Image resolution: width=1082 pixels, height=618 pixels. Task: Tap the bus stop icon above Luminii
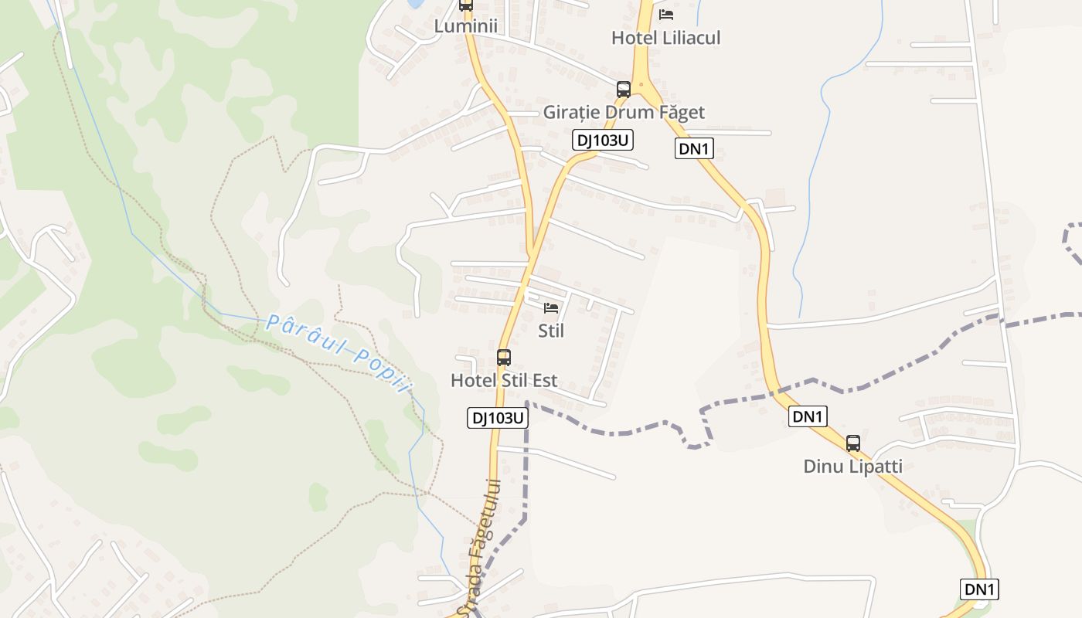(465, 4)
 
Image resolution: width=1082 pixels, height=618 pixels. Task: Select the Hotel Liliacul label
(665, 38)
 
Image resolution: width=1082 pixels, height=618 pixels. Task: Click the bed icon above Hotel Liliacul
(665, 15)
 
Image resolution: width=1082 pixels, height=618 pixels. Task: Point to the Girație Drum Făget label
(624, 113)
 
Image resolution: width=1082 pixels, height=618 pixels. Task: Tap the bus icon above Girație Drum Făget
(624, 90)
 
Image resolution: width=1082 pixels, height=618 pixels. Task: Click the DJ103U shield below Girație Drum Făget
(603, 140)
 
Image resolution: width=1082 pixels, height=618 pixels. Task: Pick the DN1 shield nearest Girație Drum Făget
(694, 149)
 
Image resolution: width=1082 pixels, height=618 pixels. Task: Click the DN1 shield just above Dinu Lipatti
(808, 416)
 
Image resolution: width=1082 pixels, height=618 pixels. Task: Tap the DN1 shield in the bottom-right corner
(979, 589)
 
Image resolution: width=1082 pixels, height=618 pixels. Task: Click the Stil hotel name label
(551, 331)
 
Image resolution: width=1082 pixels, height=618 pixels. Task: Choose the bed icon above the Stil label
(551, 308)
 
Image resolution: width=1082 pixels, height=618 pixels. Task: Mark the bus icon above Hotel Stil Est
(504, 357)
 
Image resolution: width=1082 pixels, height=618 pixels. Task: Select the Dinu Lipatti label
(852, 467)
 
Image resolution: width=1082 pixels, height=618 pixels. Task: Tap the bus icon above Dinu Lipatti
(853, 443)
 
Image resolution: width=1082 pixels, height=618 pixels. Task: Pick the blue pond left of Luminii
(415, 3)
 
